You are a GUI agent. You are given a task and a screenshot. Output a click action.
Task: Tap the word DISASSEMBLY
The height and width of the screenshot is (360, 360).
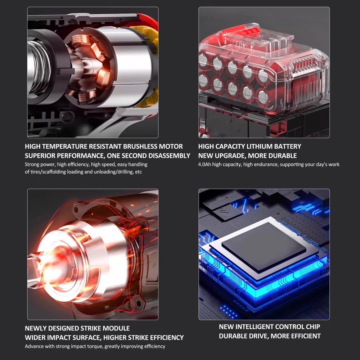pos(169,156)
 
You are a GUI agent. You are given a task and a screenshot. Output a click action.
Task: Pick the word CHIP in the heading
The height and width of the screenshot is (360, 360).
pos(313,327)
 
